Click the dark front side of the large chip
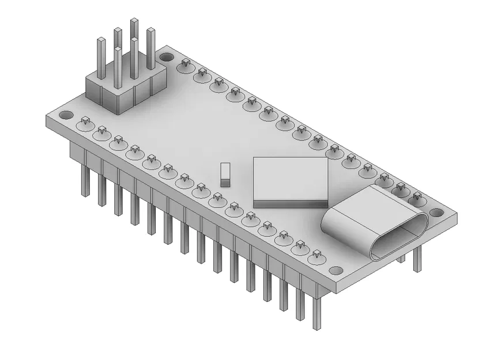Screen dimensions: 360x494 tap(290, 204)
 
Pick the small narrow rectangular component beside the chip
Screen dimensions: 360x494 tap(225, 174)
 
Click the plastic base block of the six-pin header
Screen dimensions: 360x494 tap(124, 92)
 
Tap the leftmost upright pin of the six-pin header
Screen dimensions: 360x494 tap(101, 58)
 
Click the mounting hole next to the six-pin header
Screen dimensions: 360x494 tap(167, 58)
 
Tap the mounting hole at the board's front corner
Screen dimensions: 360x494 tap(335, 270)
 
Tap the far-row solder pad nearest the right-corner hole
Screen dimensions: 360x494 tap(417, 199)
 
